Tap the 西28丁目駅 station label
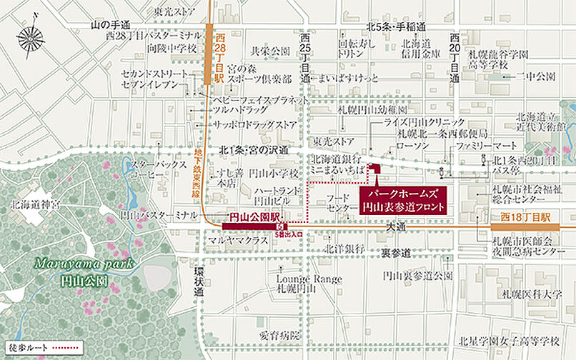coord(219,54)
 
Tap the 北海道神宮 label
coord(33,204)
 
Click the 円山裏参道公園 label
coord(417,275)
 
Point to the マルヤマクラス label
coord(237,241)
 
